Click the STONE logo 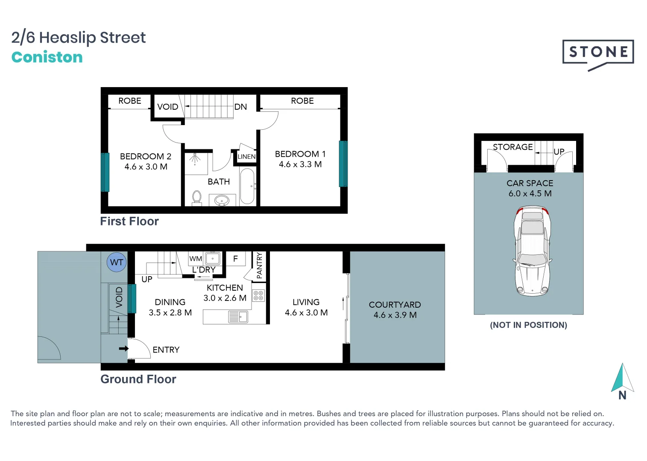[598, 53]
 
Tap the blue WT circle [117, 262]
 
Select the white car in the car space [532, 251]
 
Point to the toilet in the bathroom [197, 198]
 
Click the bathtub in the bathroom [247, 187]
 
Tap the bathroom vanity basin [222, 200]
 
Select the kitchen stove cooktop [258, 295]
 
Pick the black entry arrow [123, 349]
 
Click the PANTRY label [259, 266]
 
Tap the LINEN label [246, 157]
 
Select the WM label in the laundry [196, 259]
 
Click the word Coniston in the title [47, 57]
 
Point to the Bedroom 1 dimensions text [300, 164]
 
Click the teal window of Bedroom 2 [105, 172]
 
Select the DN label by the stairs [240, 107]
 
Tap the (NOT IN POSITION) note [528, 325]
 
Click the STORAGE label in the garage [512, 147]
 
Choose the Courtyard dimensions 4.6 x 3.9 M [395, 315]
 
